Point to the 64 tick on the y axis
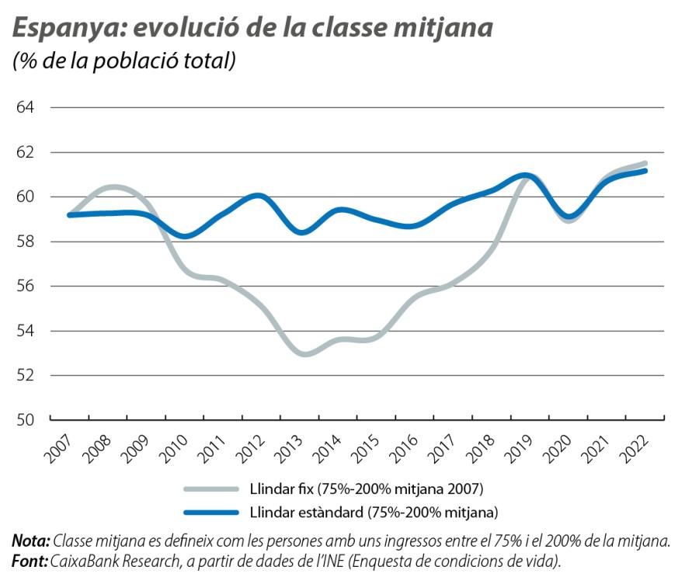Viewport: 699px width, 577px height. [x=26, y=107]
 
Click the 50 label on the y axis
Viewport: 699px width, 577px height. [x=26, y=420]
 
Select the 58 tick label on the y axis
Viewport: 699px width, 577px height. [x=26, y=242]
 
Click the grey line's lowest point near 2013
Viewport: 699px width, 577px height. [x=306, y=354]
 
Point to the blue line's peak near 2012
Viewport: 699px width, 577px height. [x=258, y=196]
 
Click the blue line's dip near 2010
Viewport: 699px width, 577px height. [x=186, y=236]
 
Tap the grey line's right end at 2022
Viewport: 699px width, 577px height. [x=645, y=163]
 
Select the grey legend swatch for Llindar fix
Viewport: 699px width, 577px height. [x=210, y=488]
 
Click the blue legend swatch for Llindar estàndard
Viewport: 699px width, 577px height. [x=210, y=512]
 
